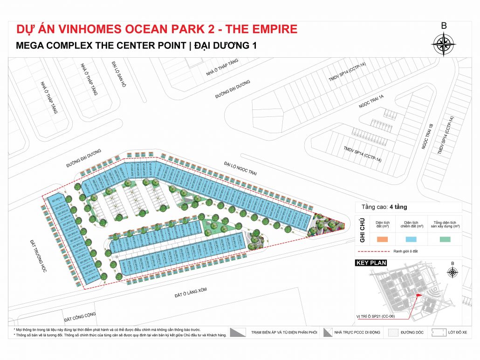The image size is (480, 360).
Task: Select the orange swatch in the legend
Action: (x=382, y=239)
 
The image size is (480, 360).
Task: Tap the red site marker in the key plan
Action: (x=418, y=293)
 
